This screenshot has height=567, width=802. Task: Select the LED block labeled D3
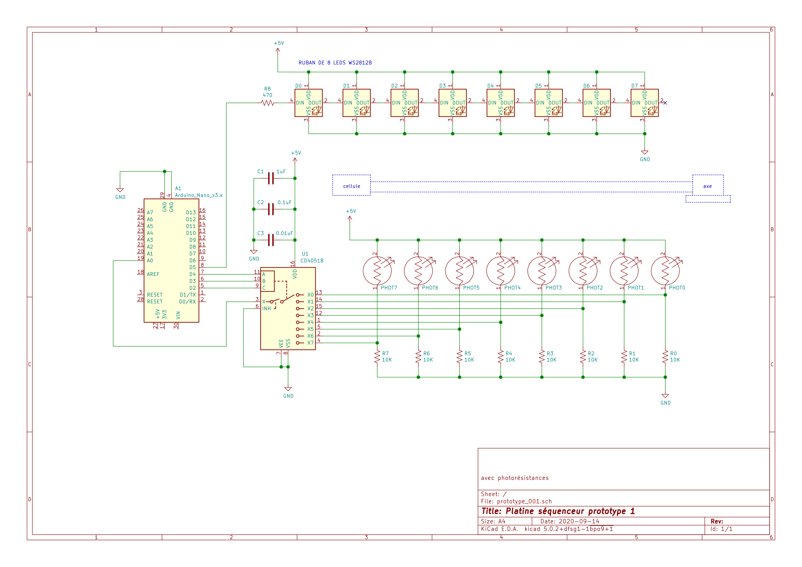click(x=452, y=103)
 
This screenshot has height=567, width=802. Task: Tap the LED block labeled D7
click(x=644, y=103)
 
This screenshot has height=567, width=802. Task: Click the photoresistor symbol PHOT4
click(x=500, y=271)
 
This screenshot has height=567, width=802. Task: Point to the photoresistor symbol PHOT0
click(x=665, y=271)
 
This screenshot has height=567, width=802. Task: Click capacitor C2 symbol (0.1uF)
click(x=271, y=209)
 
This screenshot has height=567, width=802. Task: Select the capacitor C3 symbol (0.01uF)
click(x=271, y=240)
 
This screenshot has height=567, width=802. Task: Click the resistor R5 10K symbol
click(x=459, y=357)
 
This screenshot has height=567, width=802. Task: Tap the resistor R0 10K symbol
click(x=665, y=357)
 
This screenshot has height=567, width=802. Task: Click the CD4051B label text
click(x=312, y=261)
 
